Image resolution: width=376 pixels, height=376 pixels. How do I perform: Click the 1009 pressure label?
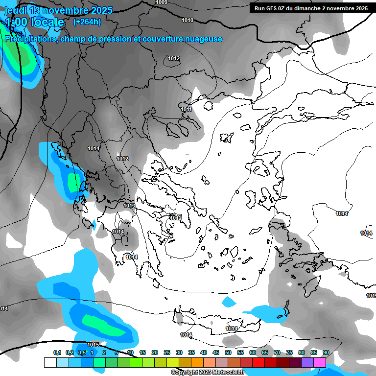[162, 2]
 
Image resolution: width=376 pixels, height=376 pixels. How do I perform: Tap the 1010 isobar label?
[187, 20]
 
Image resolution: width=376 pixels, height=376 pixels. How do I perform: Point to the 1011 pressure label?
[186, 109]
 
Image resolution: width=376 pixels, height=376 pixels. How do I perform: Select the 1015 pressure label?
[93, 345]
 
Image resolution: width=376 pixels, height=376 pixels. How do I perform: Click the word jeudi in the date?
[16, 10]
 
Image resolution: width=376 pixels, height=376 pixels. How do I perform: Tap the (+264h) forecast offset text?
[87, 22]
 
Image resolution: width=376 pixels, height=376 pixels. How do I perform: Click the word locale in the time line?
[47, 22]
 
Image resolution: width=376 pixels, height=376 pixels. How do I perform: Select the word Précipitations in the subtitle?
[30, 39]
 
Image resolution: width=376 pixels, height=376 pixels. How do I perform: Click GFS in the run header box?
[274, 8]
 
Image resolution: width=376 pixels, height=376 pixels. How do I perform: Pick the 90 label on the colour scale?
[326, 352]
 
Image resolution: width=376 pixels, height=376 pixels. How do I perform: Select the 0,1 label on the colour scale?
[57, 352]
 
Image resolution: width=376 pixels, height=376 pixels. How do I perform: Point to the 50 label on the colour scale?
[228, 352]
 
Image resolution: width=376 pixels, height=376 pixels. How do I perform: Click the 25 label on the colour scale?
[167, 352]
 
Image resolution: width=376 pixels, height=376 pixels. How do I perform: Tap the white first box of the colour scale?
[50, 362]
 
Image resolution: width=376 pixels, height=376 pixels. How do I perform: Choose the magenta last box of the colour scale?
[320, 362]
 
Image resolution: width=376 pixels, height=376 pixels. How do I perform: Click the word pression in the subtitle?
[112, 39]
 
